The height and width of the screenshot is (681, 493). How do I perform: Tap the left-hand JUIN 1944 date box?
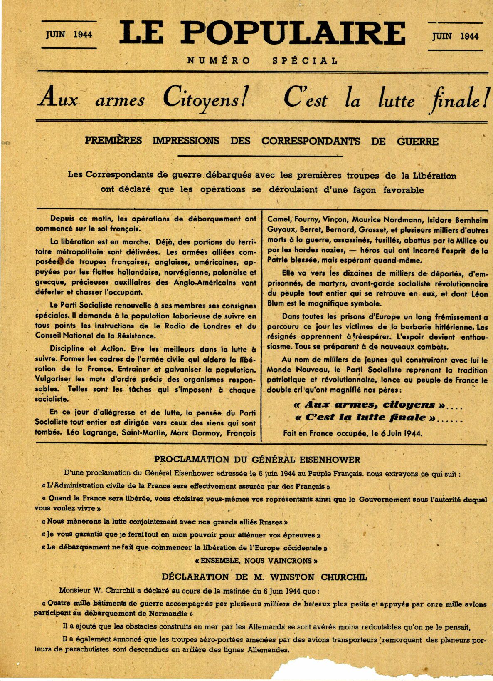point(69,35)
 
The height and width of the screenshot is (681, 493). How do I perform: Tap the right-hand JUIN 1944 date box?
point(455,36)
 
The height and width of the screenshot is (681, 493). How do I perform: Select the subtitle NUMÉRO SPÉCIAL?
point(262,61)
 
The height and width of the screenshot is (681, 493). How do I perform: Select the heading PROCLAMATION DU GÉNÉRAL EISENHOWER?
point(257,460)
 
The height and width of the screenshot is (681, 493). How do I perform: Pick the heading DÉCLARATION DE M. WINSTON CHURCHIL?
point(264,577)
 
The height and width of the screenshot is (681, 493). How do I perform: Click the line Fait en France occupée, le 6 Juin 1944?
point(353,433)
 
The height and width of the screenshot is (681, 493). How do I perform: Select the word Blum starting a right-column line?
point(276,303)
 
